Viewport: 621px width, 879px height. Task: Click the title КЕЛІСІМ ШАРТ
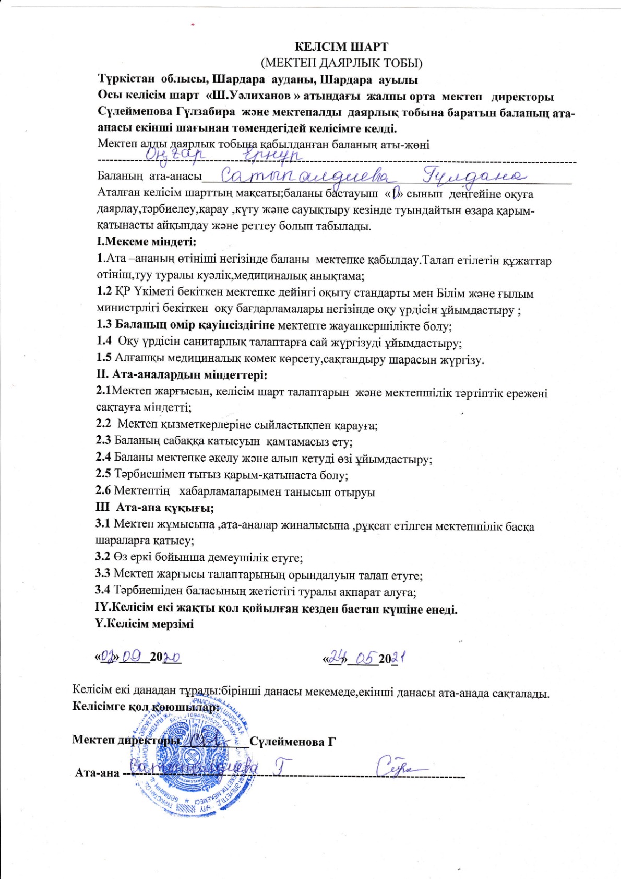342,47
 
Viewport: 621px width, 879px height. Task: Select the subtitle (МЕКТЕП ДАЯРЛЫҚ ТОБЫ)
342,63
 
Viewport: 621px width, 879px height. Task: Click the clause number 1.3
104,325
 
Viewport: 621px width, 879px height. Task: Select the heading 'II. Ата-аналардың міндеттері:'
182,375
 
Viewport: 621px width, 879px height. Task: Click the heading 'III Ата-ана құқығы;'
154,508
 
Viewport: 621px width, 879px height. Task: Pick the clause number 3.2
102,557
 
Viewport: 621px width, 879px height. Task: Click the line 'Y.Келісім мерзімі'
145,624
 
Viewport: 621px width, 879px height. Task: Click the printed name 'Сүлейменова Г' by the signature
292,741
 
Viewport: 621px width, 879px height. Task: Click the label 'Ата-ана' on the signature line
97,772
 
